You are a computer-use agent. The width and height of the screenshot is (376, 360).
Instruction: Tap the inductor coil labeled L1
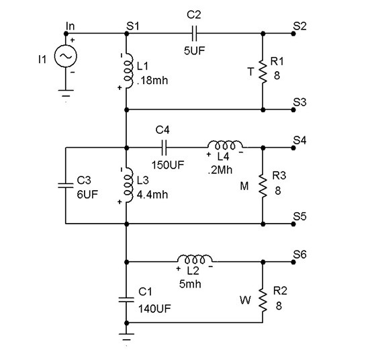[127, 71]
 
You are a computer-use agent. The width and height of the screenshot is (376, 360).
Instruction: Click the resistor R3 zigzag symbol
[263, 185]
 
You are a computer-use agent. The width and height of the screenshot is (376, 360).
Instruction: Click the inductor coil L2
[195, 260]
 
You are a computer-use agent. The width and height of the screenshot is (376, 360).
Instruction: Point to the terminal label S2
[299, 26]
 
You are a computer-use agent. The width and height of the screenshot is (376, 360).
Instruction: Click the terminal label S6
[299, 255]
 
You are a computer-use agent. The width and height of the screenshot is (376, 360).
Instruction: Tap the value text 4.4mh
[150, 192]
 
